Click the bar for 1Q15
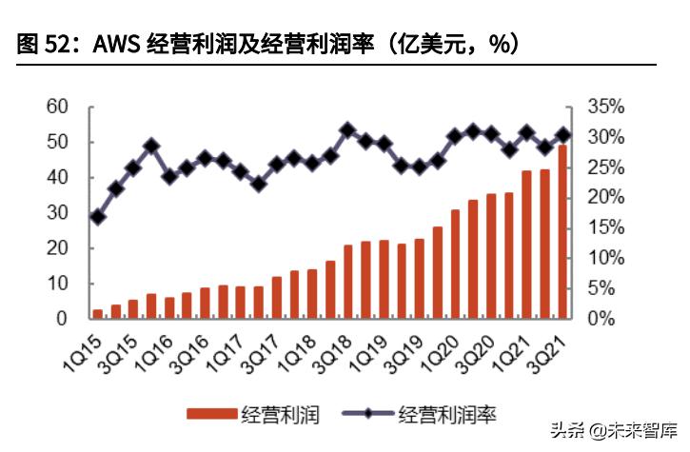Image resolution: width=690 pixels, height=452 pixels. [97, 313]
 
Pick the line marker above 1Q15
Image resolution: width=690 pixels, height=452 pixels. [97, 217]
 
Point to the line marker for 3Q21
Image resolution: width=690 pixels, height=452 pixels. [562, 135]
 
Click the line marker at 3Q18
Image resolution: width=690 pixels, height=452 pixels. [347, 129]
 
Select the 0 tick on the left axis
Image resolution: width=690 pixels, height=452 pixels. [62, 318]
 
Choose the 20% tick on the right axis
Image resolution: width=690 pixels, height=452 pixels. [604, 197]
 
